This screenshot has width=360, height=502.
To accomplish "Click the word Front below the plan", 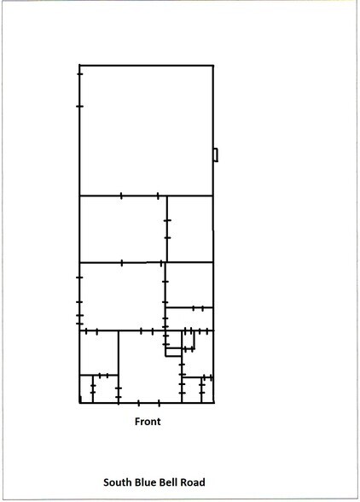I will [148, 421].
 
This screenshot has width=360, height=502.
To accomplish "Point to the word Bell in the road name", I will [173, 482].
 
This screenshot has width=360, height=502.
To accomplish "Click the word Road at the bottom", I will [195, 482].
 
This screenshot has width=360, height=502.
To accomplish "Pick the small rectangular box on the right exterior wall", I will [216, 155].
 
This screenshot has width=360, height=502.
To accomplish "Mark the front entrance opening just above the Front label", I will [148, 402].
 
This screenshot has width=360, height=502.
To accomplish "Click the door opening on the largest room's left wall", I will [79, 90].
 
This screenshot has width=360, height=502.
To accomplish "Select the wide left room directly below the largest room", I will [122, 229].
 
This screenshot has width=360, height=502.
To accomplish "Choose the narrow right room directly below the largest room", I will [189, 229].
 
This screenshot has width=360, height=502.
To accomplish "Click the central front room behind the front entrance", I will [148, 367].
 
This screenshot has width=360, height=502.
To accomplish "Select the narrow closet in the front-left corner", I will [85, 389].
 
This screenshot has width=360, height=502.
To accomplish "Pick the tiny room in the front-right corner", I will [207, 390].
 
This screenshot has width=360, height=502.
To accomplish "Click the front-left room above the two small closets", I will [98, 352].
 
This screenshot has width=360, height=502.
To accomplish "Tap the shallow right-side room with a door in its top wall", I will [189, 318].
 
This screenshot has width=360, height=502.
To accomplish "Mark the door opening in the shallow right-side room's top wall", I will [199, 307].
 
